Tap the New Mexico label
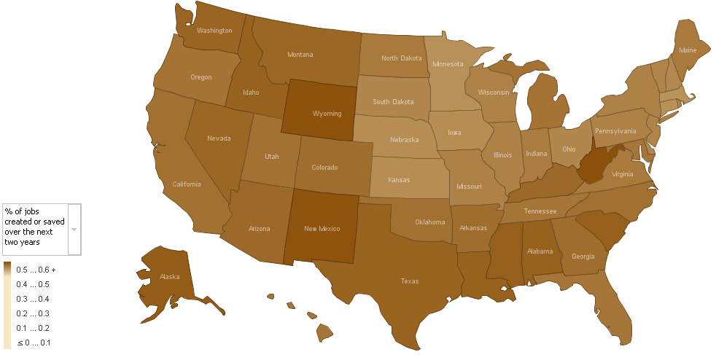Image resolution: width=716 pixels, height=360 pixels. [x=322, y=229]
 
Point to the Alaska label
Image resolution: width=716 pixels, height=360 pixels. [x=169, y=277]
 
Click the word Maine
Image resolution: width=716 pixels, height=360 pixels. [x=687, y=50]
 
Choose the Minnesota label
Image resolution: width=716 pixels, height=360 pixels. [x=448, y=63]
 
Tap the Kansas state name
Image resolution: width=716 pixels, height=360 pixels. [x=398, y=179]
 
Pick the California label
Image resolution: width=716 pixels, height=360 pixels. [x=186, y=184]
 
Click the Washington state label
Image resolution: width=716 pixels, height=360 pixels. [x=214, y=31]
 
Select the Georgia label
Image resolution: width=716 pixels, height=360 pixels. [x=583, y=256]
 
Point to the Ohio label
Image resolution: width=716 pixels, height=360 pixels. [x=569, y=149]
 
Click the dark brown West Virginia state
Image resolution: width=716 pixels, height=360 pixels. [x=594, y=166]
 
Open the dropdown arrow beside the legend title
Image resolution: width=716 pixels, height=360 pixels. [x=74, y=229]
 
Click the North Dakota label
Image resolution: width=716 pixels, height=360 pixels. [x=401, y=58]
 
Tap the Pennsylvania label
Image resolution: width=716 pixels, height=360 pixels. [x=615, y=131]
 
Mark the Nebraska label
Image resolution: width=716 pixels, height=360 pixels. [x=404, y=140]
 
